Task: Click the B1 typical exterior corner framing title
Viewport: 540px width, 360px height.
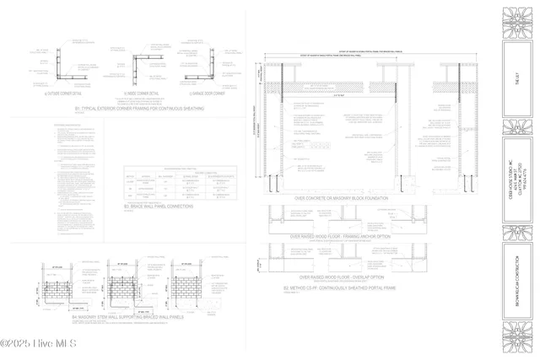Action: (139, 109)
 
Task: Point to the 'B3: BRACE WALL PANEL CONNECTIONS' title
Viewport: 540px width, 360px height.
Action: (159, 206)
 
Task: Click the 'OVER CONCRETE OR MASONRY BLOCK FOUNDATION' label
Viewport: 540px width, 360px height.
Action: (341, 199)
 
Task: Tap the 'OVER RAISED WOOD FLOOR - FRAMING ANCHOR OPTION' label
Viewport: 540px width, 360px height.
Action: (341, 237)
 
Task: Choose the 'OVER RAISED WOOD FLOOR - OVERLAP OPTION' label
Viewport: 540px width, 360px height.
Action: (342, 277)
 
